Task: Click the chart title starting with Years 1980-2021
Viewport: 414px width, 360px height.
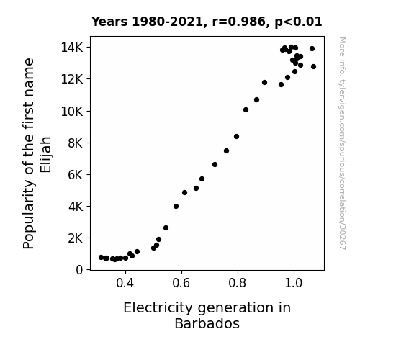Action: [207, 22]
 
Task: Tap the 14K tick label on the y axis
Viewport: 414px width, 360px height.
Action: [72, 48]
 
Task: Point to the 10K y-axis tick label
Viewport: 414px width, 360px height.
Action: [72, 112]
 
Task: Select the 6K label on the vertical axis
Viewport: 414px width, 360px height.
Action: [76, 175]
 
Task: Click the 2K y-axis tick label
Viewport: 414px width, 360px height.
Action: [76, 238]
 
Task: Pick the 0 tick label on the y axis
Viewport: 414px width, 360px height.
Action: [79, 270]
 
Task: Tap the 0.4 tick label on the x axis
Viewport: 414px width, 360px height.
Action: [125, 283]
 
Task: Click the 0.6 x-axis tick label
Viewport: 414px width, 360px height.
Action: [181, 283]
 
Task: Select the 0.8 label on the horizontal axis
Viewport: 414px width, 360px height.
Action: [238, 283]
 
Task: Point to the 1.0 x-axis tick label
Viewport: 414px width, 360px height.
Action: [294, 283]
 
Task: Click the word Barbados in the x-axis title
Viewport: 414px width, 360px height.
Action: [207, 323]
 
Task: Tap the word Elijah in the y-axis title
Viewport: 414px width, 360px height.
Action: [45, 155]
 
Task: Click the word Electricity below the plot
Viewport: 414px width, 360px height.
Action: [158, 308]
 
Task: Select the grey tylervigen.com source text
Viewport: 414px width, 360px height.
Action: [342, 143]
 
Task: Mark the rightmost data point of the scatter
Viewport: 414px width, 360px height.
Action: [313, 66]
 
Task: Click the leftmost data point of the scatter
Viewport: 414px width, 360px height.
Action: [101, 257]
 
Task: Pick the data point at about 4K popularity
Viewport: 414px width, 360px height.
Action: [176, 207]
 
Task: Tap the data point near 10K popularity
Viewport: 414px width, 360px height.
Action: [246, 110]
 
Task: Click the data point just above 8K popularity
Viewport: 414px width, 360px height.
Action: [237, 137]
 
